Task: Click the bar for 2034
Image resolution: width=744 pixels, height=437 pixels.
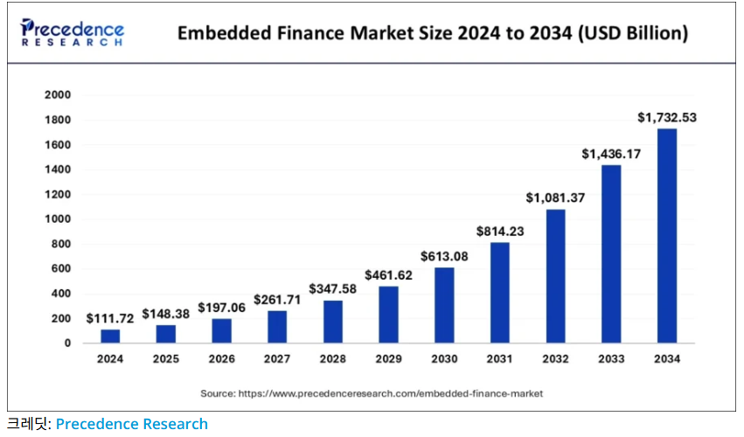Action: [667, 236]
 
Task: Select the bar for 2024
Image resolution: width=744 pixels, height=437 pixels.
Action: [110, 336]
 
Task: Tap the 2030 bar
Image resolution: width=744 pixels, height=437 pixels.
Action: [444, 305]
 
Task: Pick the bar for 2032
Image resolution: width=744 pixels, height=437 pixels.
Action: [555, 276]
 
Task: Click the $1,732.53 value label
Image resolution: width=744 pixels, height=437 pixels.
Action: [666, 117]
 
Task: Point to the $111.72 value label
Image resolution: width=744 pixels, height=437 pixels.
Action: [110, 318]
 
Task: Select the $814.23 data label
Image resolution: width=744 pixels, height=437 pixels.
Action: [500, 232]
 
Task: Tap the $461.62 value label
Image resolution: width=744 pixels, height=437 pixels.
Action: [388, 275]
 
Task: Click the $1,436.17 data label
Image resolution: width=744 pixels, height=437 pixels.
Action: [611, 154]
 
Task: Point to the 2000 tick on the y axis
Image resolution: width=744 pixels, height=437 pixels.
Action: [59, 94]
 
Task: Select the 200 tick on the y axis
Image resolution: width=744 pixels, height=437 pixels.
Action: [61, 318]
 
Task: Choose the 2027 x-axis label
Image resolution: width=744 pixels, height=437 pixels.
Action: [277, 359]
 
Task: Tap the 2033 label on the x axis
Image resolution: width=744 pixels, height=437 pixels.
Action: [611, 359]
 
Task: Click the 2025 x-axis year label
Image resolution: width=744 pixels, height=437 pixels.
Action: [166, 359]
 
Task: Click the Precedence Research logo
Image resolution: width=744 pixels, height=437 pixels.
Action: [73, 33]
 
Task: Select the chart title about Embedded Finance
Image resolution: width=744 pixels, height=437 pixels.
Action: [433, 34]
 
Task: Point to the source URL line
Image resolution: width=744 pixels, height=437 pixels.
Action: [372, 393]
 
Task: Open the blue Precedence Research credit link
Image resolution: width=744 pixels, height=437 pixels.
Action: [132, 424]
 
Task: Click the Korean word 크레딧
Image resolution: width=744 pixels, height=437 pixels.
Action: [27, 424]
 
